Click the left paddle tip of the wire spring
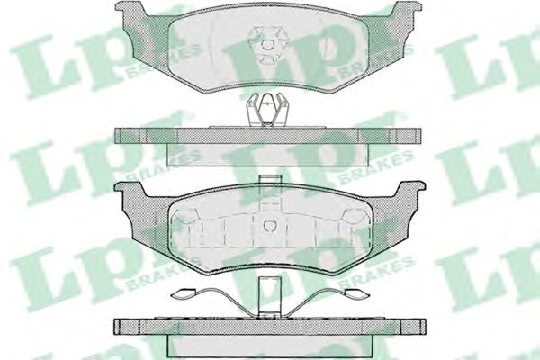coord(186,292)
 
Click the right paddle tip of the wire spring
coord(348,292)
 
